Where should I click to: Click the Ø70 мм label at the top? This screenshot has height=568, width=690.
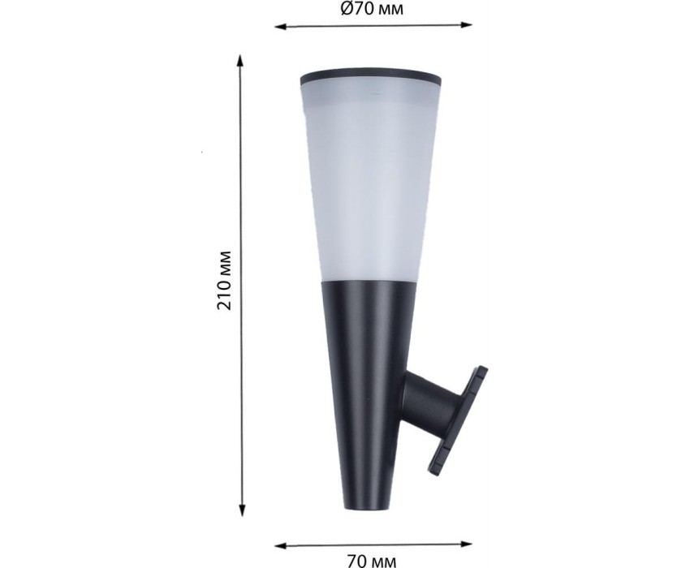pyautogui.click(x=372, y=9)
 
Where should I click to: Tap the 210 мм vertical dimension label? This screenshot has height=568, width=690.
pyautogui.click(x=224, y=280)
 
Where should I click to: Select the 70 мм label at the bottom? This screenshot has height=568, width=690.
pyautogui.click(x=372, y=561)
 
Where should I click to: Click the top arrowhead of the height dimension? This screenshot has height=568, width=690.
pyautogui.click(x=239, y=61)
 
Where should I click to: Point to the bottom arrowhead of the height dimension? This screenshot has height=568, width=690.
pyautogui.click(x=242, y=510)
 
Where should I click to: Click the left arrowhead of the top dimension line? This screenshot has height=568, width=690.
pyautogui.click(x=281, y=27)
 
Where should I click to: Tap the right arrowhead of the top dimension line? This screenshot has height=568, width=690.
pyautogui.click(x=467, y=25)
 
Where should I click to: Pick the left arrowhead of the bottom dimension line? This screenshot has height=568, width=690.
pyautogui.click(x=281, y=546)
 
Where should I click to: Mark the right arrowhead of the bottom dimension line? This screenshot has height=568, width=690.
pyautogui.click(x=467, y=544)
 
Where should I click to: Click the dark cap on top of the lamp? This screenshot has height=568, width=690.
pyautogui.click(x=371, y=76)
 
